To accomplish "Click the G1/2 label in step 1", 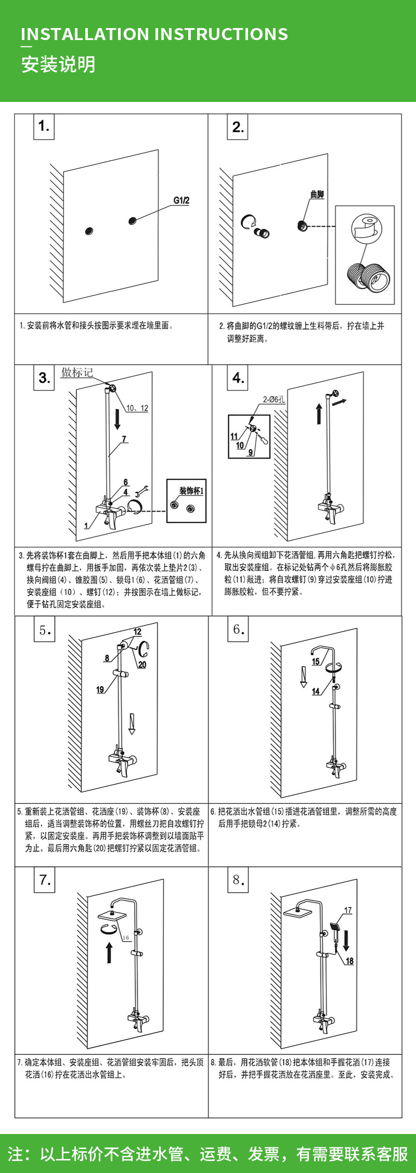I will click(x=181, y=201).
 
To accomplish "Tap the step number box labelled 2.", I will click(x=238, y=127).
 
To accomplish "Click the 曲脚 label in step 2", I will click(x=317, y=194).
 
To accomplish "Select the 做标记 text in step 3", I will click(x=77, y=372).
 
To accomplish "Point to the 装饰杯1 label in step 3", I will click(x=191, y=490).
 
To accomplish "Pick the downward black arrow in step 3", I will click(x=118, y=418).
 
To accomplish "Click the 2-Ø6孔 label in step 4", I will click(x=274, y=399).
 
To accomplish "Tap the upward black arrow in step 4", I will click(x=319, y=414).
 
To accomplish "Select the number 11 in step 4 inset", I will click(x=234, y=437).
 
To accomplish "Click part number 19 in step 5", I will click(x=100, y=689).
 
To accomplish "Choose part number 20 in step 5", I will click(x=142, y=664).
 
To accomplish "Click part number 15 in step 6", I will click(x=316, y=661).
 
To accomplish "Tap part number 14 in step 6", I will click(x=316, y=692).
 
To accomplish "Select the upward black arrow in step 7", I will click(x=109, y=953).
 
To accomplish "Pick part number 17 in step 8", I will click(x=348, y=910).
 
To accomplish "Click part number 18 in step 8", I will click(x=349, y=961).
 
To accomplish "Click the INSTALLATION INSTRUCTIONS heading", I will click(x=154, y=34).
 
